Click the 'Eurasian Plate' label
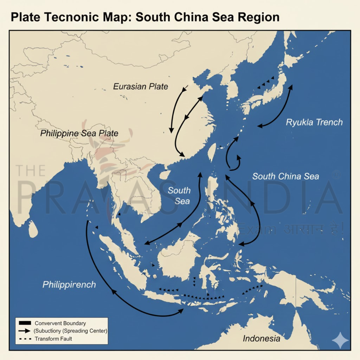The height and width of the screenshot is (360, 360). click(x=140, y=86)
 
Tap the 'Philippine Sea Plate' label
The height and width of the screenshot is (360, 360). click(x=79, y=133)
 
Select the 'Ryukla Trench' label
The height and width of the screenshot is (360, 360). click(x=314, y=122)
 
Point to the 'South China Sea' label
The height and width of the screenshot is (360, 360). click(x=286, y=176)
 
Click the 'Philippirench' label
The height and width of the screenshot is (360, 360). click(x=69, y=284)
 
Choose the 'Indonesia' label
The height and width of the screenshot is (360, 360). click(x=261, y=338)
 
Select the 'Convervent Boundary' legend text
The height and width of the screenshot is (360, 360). click(x=60, y=323)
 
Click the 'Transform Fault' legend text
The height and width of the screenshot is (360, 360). click(x=53, y=339)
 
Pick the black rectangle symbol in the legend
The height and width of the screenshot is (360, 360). click(x=25, y=323)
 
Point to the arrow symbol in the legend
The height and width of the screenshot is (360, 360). click(x=25, y=331)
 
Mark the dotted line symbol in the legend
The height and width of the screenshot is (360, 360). click(x=25, y=339)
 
